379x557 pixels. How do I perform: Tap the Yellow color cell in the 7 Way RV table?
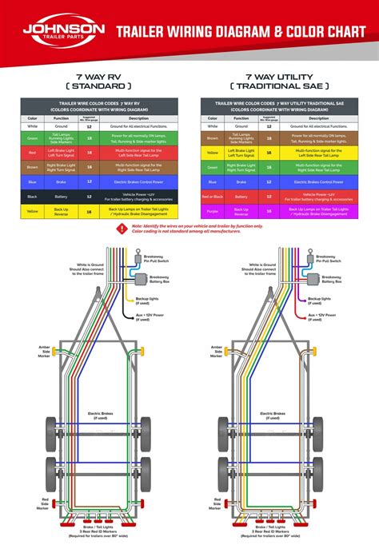tap(33, 211)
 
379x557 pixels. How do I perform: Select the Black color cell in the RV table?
tap(33, 195)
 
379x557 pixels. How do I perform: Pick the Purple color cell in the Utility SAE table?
tap(212, 211)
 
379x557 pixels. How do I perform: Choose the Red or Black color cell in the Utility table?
tap(212, 196)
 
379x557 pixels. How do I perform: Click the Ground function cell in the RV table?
tap(62, 126)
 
